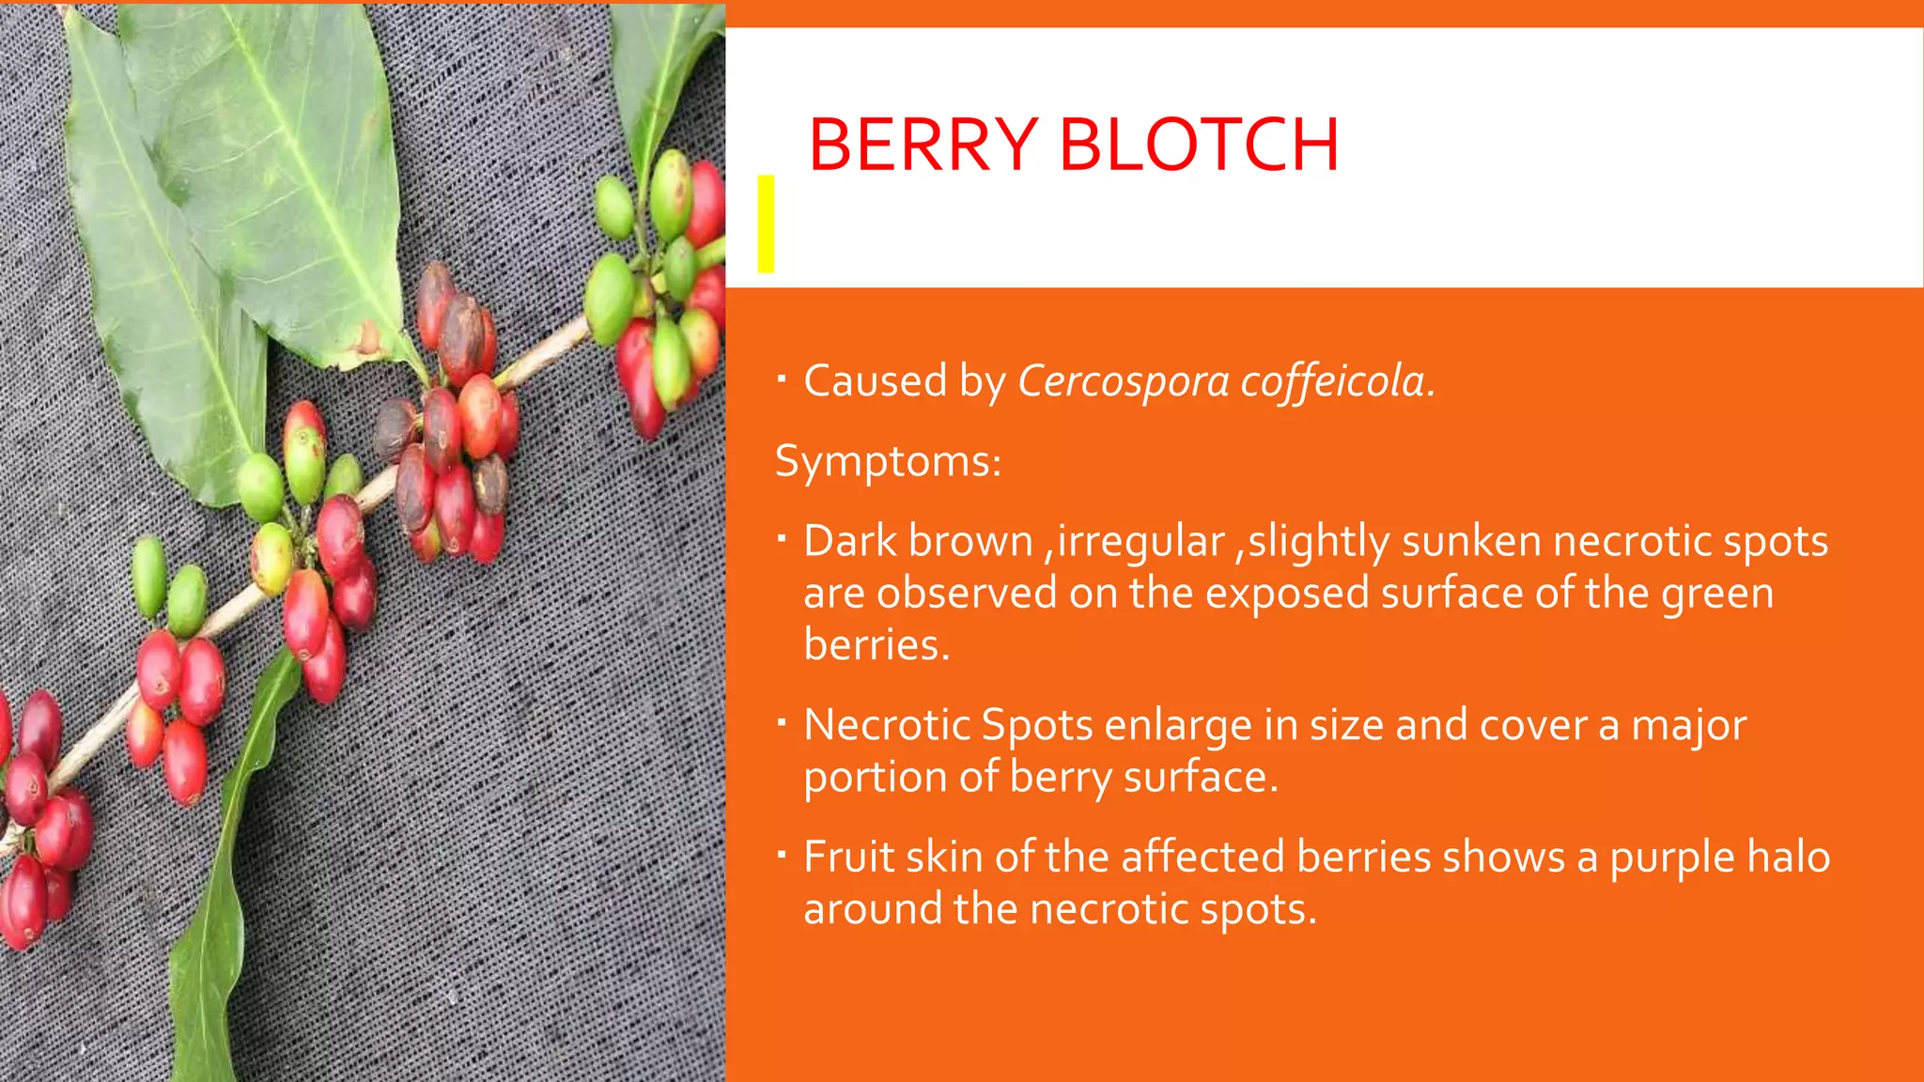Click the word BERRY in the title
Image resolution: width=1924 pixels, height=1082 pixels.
coord(923,146)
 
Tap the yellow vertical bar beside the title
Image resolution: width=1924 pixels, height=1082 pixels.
coord(766,224)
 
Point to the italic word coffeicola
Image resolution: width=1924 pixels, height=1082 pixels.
coord(1337,381)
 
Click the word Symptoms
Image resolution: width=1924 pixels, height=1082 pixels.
coord(887,462)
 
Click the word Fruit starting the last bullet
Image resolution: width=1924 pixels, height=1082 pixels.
coord(848,858)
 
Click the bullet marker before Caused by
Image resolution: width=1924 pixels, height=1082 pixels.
coord(782,379)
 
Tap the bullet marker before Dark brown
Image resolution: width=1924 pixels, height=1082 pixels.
coord(782,539)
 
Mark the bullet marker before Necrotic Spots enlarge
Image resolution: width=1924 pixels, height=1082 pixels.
coord(782,723)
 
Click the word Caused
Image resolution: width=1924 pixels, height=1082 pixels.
coord(875,381)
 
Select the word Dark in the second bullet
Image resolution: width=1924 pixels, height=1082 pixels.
coord(848,542)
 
